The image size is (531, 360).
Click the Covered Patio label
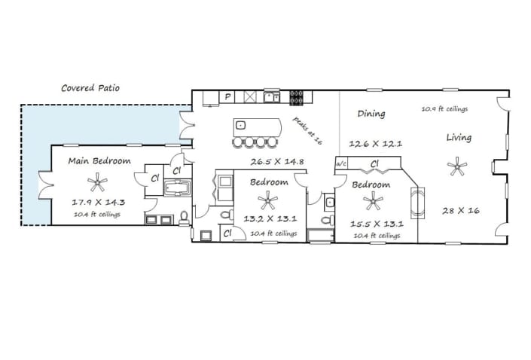[x=90, y=88]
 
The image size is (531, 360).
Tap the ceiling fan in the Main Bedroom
[x=97, y=182]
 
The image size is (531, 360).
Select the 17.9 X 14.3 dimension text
[x=99, y=203]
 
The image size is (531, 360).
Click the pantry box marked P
[x=227, y=97]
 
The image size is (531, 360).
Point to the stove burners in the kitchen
[x=296, y=97]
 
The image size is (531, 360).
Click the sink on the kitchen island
[x=240, y=125]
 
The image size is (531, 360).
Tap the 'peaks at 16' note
[x=307, y=131]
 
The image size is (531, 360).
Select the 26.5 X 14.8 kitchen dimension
[x=277, y=162]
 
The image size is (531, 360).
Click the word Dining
[x=371, y=114]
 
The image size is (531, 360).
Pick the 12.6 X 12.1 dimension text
[x=376, y=144]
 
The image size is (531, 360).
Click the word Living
[x=459, y=138]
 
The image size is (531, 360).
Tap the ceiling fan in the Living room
[x=457, y=166]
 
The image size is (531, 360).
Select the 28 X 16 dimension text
[x=461, y=211]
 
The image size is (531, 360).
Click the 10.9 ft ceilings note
[x=444, y=108]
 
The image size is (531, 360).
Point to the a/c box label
[x=341, y=164]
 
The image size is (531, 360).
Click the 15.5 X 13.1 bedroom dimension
[x=377, y=224]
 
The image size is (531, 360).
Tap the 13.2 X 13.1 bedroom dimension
[x=270, y=218]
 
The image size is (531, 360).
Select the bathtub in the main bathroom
[x=178, y=188]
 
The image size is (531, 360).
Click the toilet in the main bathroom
[x=185, y=218]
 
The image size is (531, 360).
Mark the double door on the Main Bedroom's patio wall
[x=45, y=185]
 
